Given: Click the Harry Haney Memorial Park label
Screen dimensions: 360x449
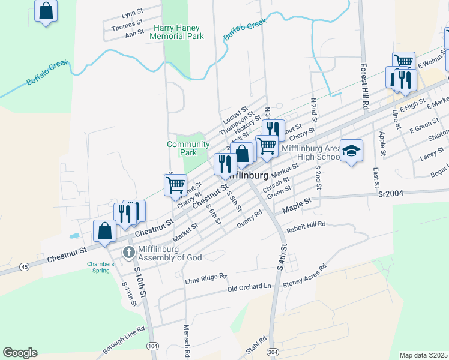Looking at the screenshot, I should pos(178,32).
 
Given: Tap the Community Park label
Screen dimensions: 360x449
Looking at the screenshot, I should pos(188,148).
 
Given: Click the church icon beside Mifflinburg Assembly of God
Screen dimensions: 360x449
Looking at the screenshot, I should pos(128,252).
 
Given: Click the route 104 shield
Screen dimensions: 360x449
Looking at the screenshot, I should pos(153,346).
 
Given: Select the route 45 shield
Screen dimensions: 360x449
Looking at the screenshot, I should pos(23,266).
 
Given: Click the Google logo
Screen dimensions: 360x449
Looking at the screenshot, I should pos(20,353).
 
